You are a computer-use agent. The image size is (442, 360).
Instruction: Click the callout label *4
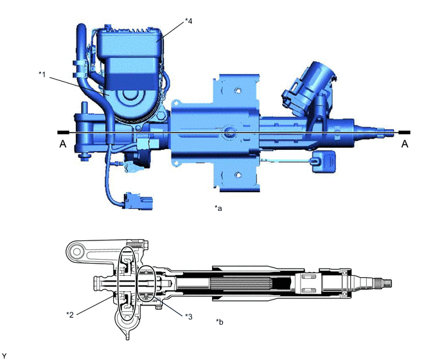[x=188, y=21]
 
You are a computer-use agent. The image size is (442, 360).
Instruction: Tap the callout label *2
[x=70, y=313]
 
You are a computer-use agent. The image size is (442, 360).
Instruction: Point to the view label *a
[x=218, y=208]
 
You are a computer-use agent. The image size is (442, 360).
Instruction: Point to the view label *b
[x=220, y=321]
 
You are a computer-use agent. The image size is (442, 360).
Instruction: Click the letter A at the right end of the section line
[x=404, y=145]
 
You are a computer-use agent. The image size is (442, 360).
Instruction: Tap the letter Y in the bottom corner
[x=4, y=355]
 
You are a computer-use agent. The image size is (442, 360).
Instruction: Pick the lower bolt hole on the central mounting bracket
[x=238, y=174]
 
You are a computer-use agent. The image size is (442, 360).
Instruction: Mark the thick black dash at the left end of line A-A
[x=62, y=132]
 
